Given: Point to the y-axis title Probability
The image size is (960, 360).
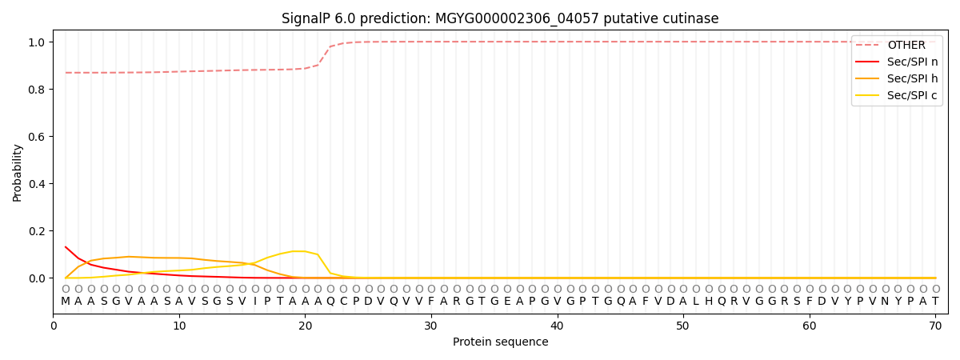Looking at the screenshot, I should click(x=18, y=172).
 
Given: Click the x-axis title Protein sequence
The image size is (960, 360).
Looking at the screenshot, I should click(x=500, y=342).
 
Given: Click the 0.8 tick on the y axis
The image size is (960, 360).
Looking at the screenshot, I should click(x=36, y=90).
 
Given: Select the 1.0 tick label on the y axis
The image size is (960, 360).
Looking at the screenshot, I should click(x=36, y=42).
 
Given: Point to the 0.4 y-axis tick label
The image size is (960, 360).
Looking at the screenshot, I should click(x=36, y=184).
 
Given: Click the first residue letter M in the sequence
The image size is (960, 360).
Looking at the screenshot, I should click(x=66, y=302).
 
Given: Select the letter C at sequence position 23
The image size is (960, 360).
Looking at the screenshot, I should click(x=343, y=302).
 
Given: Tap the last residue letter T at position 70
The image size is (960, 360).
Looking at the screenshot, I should click(x=935, y=302).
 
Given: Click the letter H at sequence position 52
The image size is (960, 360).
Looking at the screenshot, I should click(x=709, y=302).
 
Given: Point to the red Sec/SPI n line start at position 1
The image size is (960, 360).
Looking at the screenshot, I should click(x=66, y=247).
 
